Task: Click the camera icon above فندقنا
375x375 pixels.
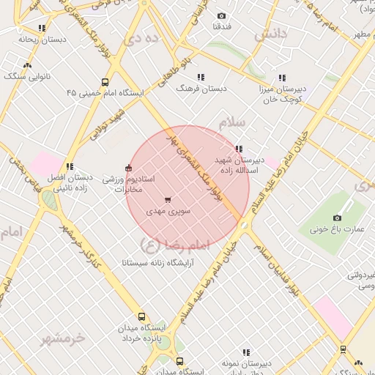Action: (x=221, y=15)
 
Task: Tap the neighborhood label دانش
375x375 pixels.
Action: (x=269, y=34)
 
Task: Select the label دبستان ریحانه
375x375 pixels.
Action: (x=37, y=39)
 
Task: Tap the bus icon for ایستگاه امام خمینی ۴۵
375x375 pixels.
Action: (x=105, y=83)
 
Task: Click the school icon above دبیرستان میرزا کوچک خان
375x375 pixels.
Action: (x=281, y=78)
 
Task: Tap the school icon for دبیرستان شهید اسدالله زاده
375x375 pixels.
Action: (x=239, y=149)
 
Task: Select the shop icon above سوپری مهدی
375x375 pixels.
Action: (x=168, y=199)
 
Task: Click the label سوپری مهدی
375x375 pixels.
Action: (x=168, y=211)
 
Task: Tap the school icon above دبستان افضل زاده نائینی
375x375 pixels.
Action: (x=70, y=166)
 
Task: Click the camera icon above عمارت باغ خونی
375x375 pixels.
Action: (x=337, y=218)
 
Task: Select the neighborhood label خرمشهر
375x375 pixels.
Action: (x=63, y=338)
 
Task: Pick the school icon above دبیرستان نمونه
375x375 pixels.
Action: (x=246, y=352)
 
